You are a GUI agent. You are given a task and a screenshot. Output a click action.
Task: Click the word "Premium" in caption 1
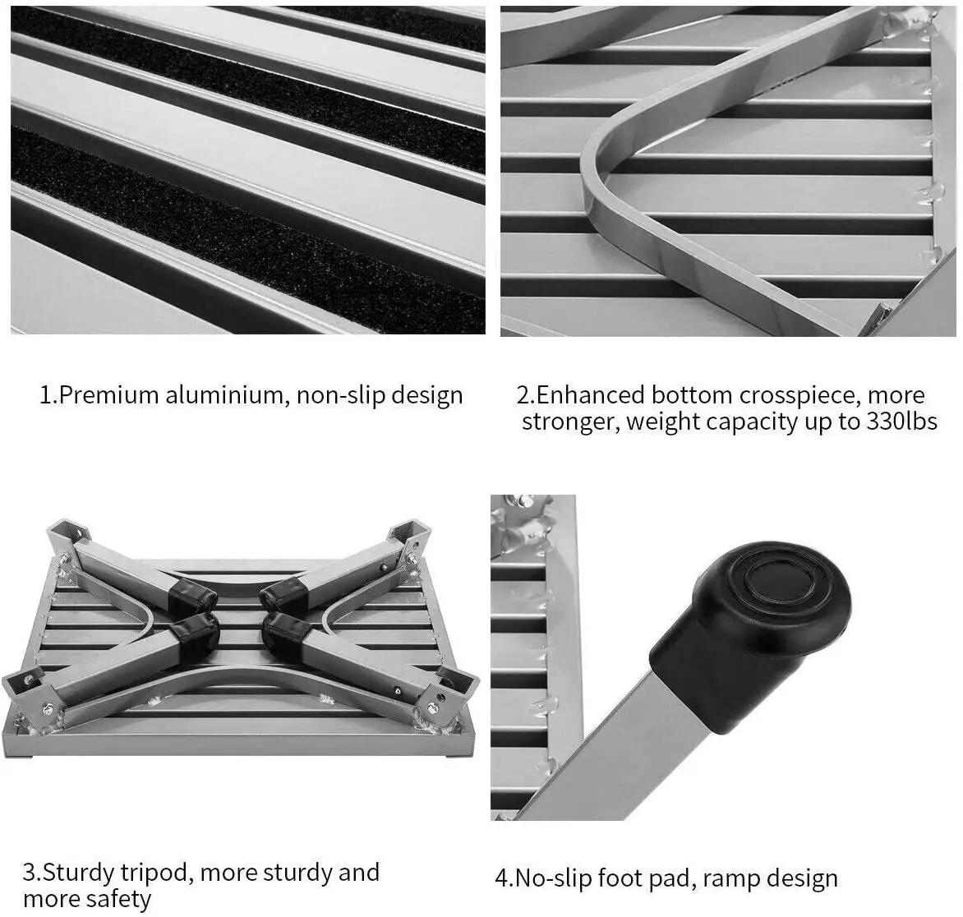tap(108, 395)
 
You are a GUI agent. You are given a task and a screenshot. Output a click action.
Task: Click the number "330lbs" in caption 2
tap(901, 422)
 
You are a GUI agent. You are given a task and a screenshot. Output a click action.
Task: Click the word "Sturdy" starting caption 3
tap(78, 873)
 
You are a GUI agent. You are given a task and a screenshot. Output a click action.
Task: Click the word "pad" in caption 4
tap(675, 879)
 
